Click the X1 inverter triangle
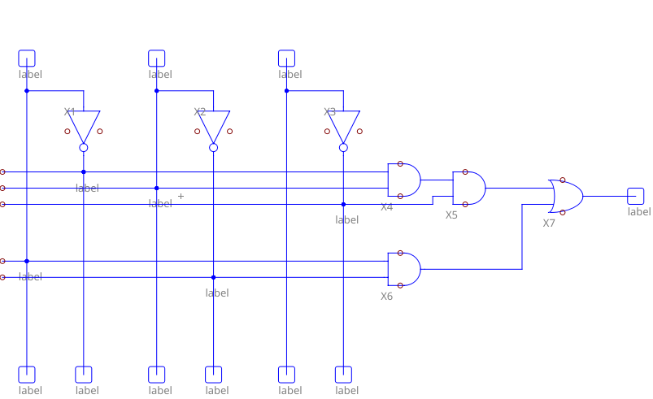point(84,125)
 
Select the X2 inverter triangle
point(214,125)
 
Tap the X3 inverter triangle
point(343,125)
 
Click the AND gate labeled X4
point(404,180)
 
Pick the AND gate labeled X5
point(468,189)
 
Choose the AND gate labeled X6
point(404,269)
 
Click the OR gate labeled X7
point(567,196)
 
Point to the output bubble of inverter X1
point(84,148)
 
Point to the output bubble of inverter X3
point(343,148)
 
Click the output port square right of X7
point(636,196)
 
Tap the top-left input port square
point(27,59)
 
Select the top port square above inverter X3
point(286,59)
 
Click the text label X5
point(451,215)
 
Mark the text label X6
point(387,297)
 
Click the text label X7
point(549,223)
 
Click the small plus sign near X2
point(181,196)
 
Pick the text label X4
point(387,207)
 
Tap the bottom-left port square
point(27,375)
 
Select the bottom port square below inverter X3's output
point(343,375)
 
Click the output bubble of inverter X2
point(214,148)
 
